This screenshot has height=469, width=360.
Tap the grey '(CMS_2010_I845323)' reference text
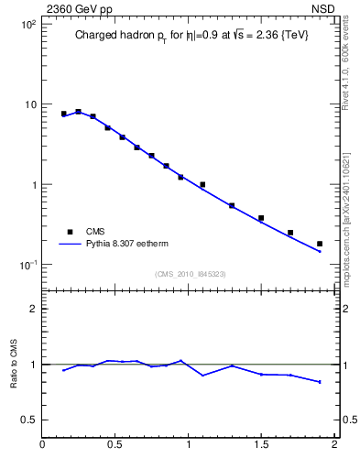pos(190,274)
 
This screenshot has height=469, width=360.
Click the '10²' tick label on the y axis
pos(27,24)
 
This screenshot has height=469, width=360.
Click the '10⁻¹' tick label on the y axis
pos(27,265)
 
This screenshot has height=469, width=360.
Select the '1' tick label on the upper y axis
pos(32,184)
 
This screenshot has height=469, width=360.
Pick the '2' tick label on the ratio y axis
pos(32,309)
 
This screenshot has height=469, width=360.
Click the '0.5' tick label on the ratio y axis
pos(27,420)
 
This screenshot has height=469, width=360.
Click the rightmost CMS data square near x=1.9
pos(320,244)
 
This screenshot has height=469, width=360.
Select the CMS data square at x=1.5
pos(261,218)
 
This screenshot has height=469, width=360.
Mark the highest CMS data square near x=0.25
pos(78,112)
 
